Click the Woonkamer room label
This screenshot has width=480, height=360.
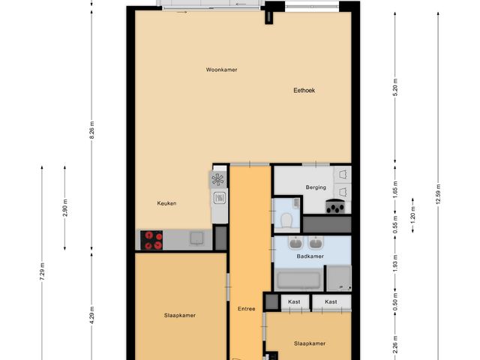pos(221,70)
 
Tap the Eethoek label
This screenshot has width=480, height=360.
pos(304,90)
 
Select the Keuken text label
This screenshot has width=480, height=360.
pos(166,203)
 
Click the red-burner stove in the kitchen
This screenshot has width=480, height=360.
pos(153,240)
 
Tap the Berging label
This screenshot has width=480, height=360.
pos(315,187)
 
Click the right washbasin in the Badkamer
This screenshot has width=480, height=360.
pos(316,243)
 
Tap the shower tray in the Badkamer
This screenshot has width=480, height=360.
pos(339,278)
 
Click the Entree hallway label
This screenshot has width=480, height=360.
pos(247,309)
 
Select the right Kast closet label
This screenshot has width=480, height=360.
pos(331,302)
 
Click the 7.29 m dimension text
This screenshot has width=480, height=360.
pos(43,268)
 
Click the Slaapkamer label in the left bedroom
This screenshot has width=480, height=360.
pos(180,316)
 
